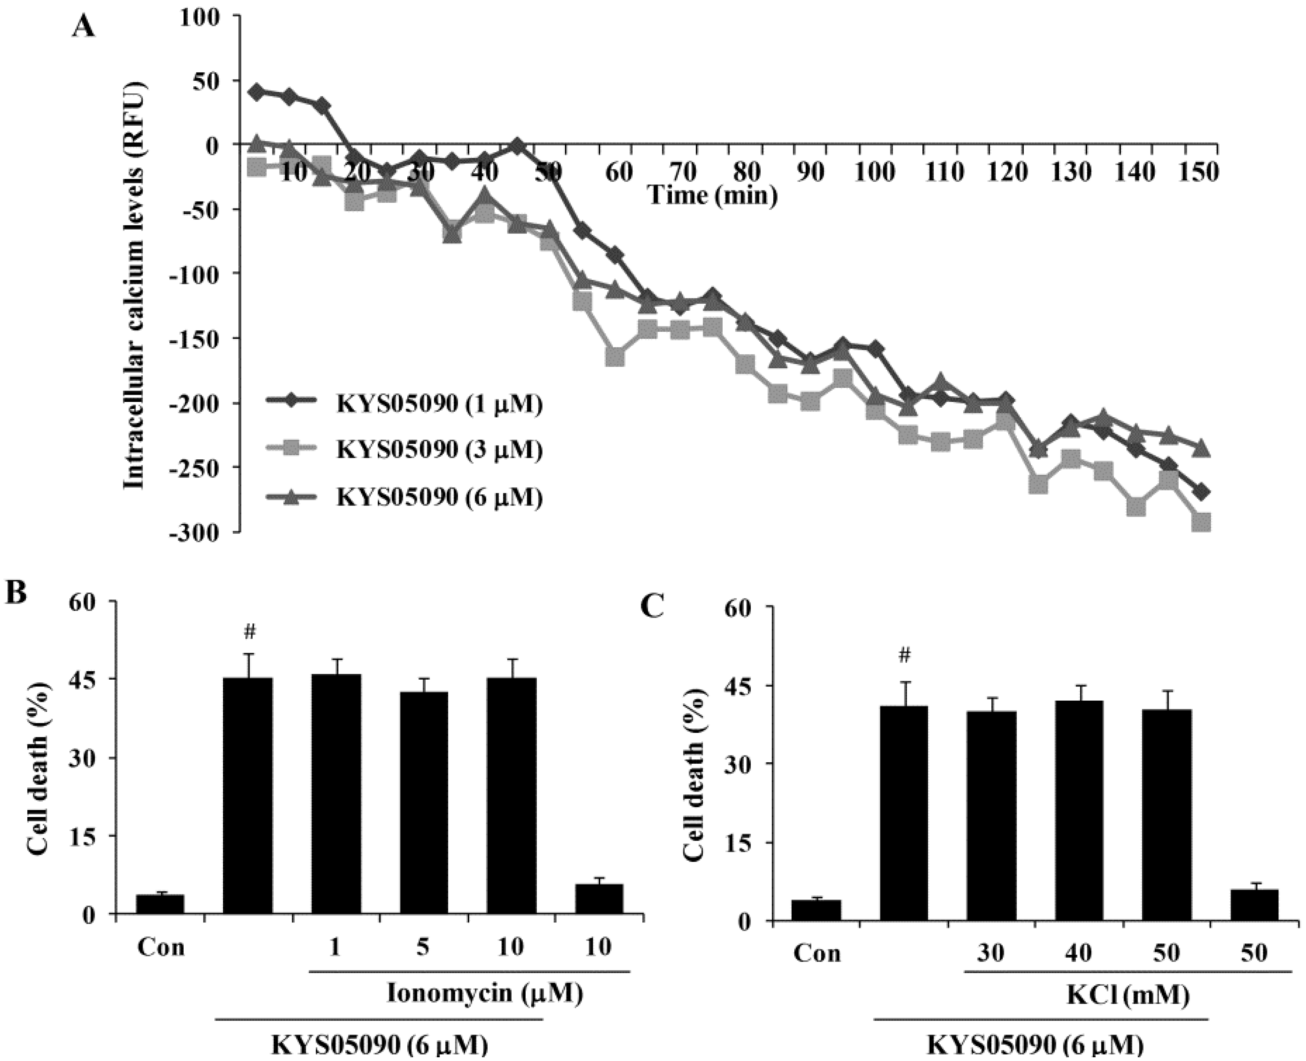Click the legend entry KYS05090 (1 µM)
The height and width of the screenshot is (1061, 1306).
click(439, 405)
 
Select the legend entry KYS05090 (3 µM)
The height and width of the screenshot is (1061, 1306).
click(439, 450)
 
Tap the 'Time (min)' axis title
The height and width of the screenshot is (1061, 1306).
click(712, 196)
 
